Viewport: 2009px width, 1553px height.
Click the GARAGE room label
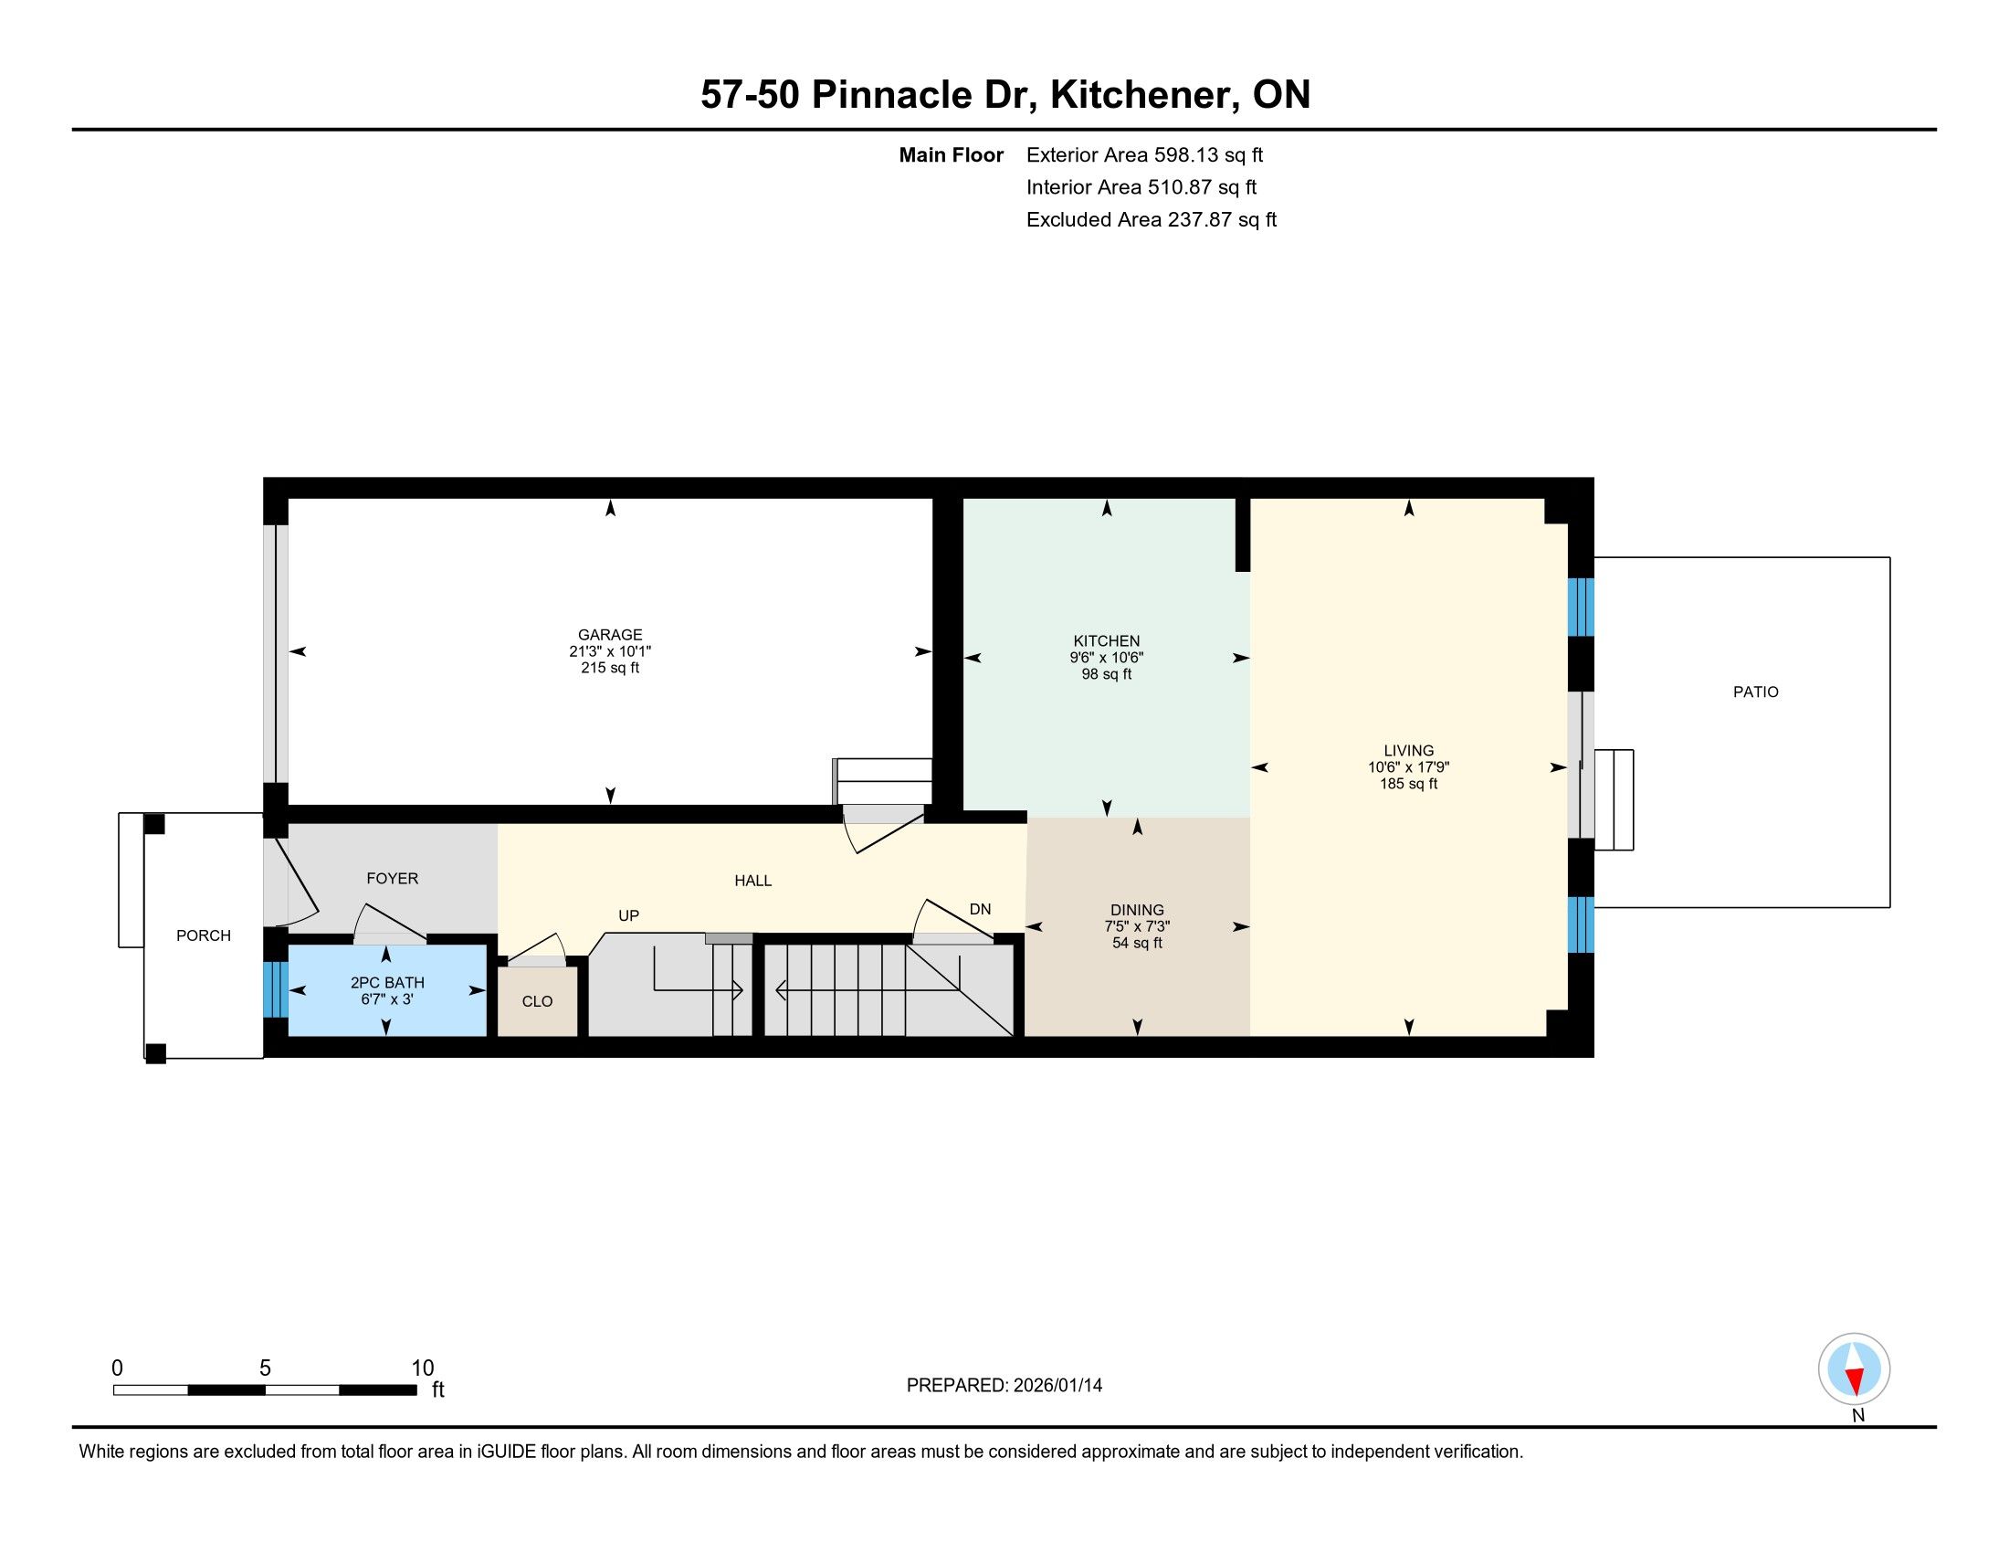[x=610, y=635]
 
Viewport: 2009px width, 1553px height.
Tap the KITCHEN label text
[x=1107, y=641]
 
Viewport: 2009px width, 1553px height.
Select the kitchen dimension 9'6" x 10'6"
[x=1107, y=658]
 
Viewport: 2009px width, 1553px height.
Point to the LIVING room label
[x=1408, y=751]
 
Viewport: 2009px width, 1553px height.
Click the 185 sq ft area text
[x=1408, y=784]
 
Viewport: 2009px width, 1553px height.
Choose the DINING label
[x=1137, y=910]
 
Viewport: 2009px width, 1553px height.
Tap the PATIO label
[x=1756, y=692]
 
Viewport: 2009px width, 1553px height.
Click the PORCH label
[x=204, y=935]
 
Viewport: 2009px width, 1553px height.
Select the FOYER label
[x=393, y=879]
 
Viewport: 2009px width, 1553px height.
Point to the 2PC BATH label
[x=387, y=983]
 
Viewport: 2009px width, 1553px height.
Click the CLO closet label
[x=537, y=1001]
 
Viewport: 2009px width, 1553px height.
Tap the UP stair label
[x=628, y=915]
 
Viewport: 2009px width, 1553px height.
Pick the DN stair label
[x=980, y=909]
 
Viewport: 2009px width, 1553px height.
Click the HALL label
[x=752, y=881]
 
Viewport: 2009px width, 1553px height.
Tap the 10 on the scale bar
[x=422, y=1368]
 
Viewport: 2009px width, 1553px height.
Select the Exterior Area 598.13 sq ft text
[x=1144, y=154]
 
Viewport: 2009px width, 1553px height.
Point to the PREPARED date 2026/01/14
[x=1056, y=1386]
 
